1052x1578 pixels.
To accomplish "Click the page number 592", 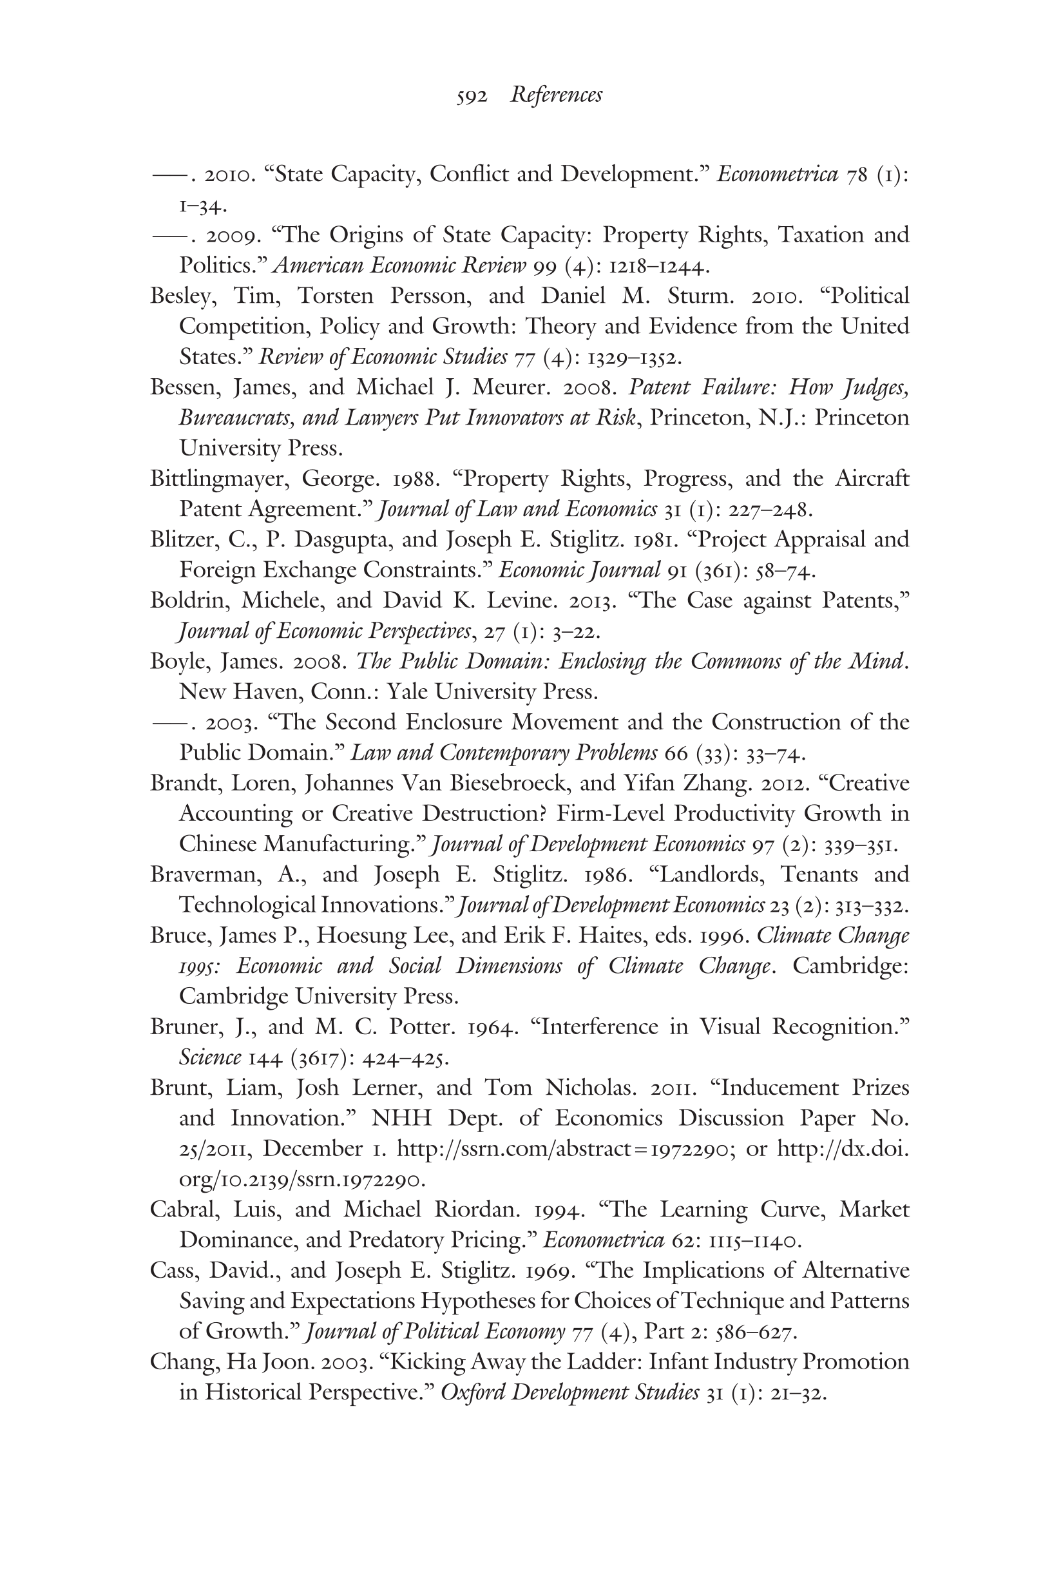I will [x=471, y=97].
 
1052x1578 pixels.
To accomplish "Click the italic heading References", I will [x=555, y=95].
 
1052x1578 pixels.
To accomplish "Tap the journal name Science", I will [x=209, y=1058].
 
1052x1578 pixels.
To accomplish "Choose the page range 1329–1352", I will [x=634, y=358].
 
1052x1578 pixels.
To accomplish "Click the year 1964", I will [x=492, y=1027].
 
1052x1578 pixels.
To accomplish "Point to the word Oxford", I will [x=473, y=1393].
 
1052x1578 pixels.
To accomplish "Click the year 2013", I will [x=593, y=601].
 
